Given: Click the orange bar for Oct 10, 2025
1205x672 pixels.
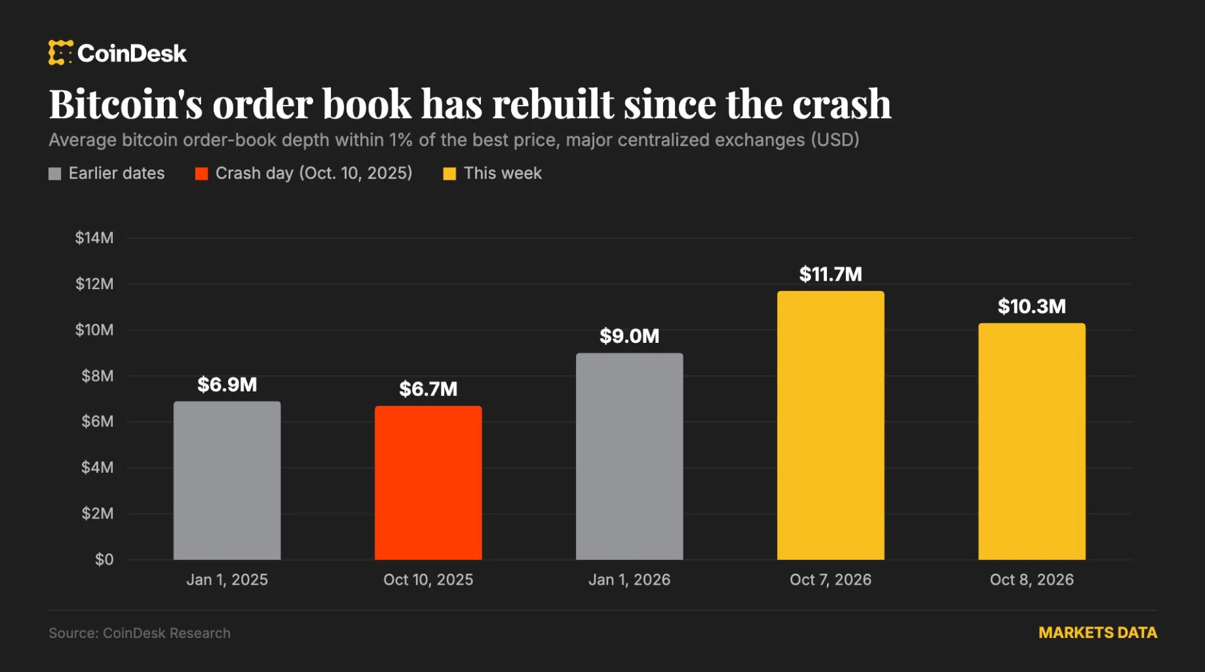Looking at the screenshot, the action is point(428,483).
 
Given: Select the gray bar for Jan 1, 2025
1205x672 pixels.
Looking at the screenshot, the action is point(227,481).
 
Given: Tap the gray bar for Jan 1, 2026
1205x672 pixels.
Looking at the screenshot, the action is point(629,456).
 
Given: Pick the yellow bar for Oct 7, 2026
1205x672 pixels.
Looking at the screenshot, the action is point(830,425).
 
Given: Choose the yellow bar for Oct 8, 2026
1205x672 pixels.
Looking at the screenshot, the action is point(1031,441).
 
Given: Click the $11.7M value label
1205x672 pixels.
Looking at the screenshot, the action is point(830,274).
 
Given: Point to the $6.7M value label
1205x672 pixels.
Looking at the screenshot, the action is point(428,389).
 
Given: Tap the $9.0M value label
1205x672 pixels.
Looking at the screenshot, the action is point(629,336).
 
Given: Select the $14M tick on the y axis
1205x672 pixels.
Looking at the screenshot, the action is point(94,238).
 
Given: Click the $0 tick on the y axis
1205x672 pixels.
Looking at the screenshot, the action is point(104,559).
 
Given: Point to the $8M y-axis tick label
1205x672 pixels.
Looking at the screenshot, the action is point(98,376).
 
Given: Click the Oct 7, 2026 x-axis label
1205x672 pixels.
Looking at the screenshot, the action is point(830,580).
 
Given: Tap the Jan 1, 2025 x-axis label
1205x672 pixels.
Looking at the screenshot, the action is point(227,580).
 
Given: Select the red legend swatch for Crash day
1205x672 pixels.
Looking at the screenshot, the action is point(201,174).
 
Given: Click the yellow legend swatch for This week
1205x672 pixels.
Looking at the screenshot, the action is point(449,174).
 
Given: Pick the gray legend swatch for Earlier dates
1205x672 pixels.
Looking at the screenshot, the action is point(55,174).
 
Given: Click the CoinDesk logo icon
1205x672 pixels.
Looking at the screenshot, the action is point(60,52).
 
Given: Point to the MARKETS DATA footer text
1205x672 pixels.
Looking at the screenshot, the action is point(1098,633).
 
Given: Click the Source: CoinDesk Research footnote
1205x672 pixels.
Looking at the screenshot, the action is point(140,633).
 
